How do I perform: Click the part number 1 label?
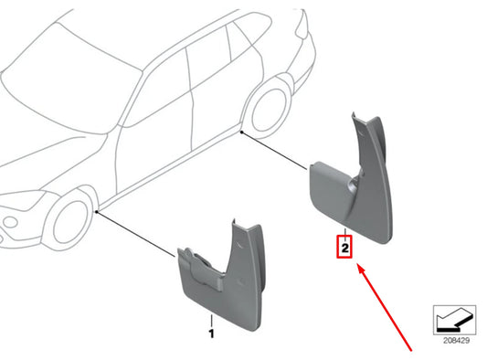point(212,334)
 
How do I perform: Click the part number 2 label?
point(344,247)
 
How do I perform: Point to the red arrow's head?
point(361,269)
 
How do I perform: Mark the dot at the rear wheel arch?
point(241,133)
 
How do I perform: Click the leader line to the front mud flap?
point(137,234)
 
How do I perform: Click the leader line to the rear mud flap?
point(274,150)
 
